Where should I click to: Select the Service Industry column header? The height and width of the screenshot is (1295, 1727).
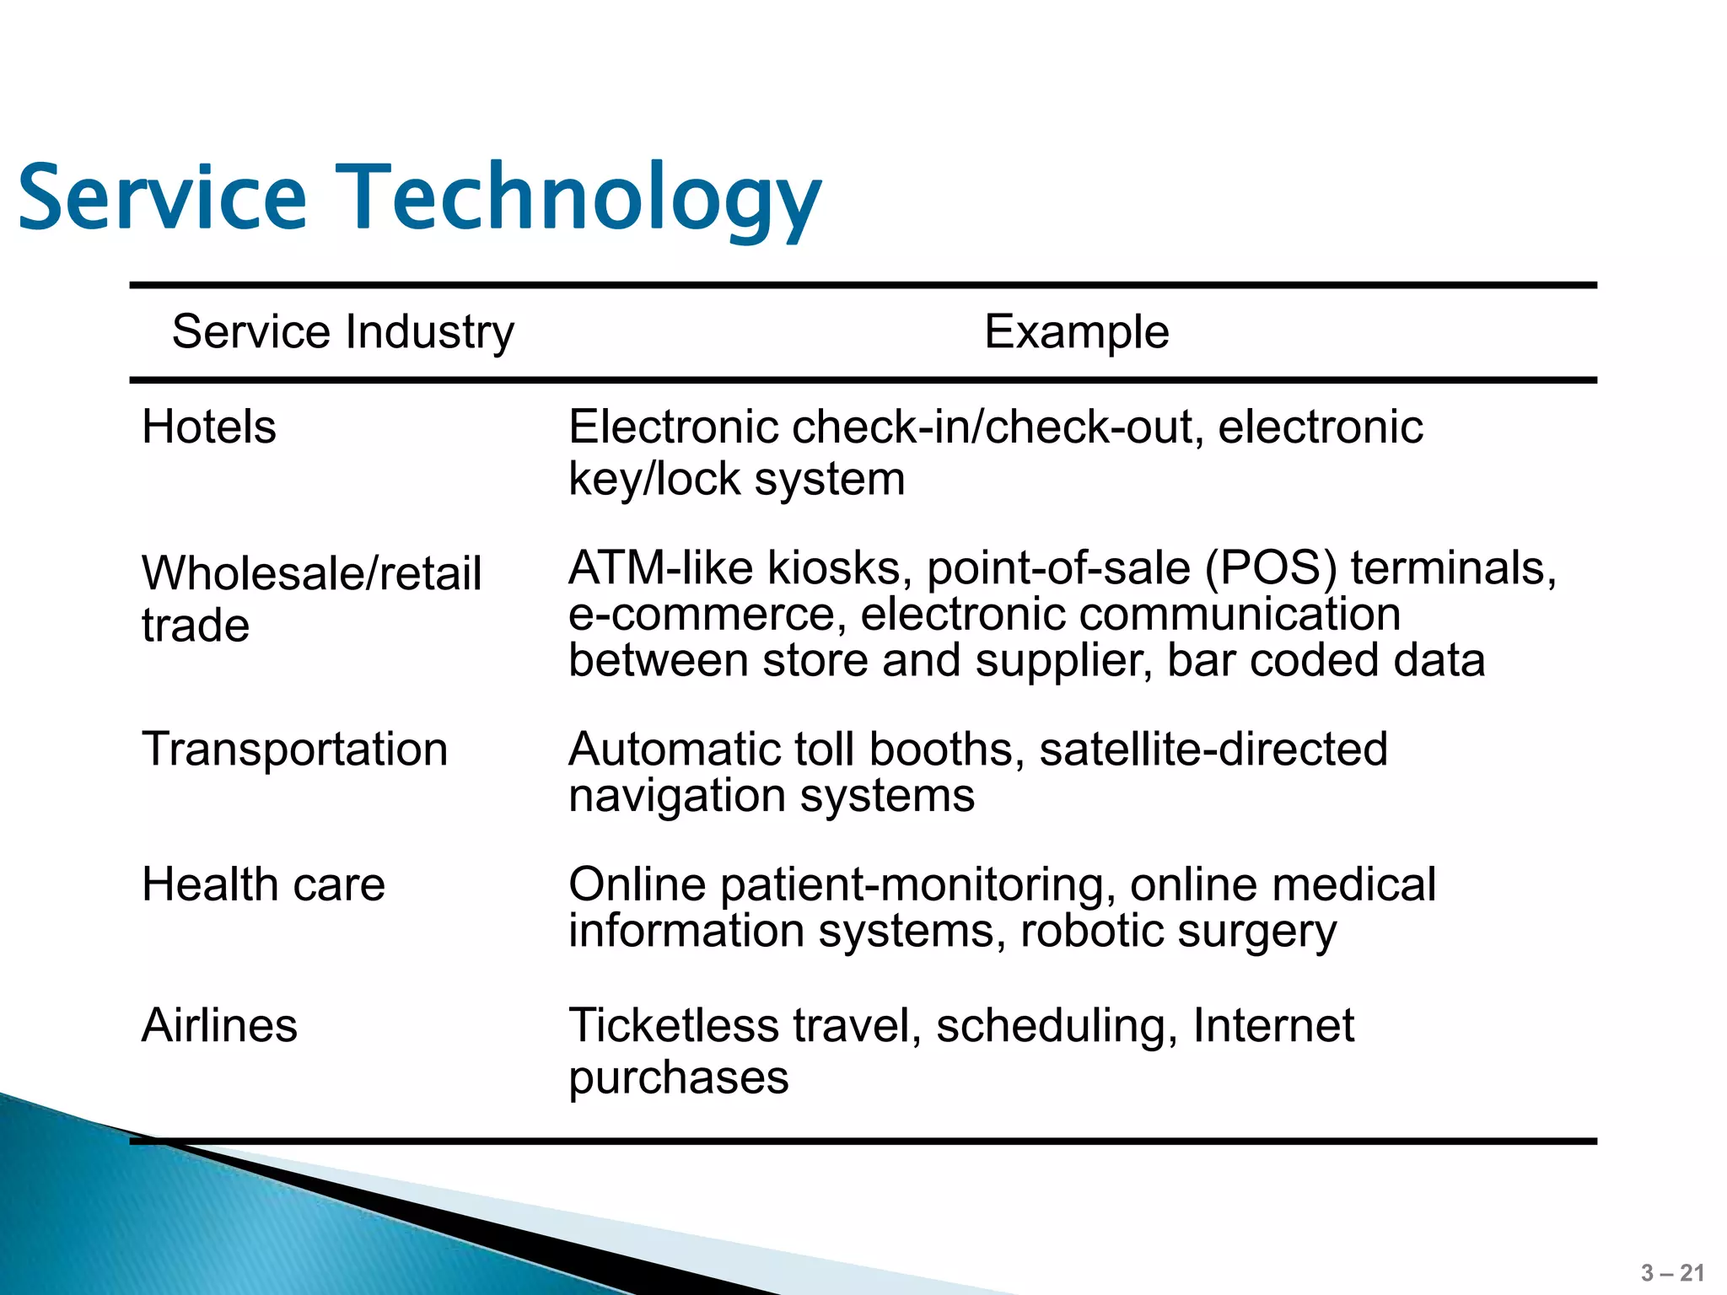342,331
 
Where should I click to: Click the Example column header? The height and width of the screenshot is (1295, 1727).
1076,331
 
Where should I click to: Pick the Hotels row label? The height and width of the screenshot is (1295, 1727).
208,427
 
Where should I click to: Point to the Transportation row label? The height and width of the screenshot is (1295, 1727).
294,749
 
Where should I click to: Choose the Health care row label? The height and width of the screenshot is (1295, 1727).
263,884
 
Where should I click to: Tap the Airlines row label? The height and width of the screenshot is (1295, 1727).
219,1025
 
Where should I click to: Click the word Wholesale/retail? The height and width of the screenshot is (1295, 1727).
311,573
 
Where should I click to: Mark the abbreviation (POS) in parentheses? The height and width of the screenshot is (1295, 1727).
1271,567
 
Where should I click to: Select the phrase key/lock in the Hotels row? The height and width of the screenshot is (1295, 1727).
654,479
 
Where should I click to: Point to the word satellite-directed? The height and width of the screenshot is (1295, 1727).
1213,749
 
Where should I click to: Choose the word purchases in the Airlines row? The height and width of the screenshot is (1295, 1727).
678,1077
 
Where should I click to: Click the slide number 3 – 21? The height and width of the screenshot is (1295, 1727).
1672,1273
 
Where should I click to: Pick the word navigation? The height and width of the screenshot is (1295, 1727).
677,795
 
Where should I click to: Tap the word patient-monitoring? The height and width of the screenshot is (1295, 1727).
912,884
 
